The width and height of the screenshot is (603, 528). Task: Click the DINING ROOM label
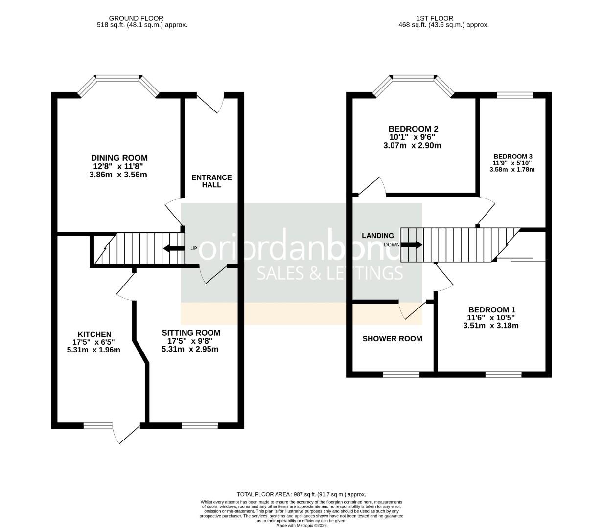[x=119, y=158]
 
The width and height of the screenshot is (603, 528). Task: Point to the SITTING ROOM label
[x=191, y=333]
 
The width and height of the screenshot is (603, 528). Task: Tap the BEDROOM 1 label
[x=491, y=309]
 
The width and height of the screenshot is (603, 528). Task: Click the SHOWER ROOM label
[x=392, y=338]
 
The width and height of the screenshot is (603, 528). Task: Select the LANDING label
[x=377, y=235]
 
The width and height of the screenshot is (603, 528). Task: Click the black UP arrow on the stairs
[x=171, y=248]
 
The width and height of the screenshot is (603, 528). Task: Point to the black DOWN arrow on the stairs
[x=412, y=245]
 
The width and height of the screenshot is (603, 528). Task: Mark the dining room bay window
[x=118, y=78]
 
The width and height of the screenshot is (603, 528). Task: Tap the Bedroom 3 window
[x=515, y=95]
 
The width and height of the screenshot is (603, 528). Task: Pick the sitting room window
[x=200, y=425]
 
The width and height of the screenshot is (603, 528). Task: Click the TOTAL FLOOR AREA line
[x=301, y=494]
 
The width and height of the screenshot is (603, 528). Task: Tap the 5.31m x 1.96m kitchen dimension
[x=93, y=350]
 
